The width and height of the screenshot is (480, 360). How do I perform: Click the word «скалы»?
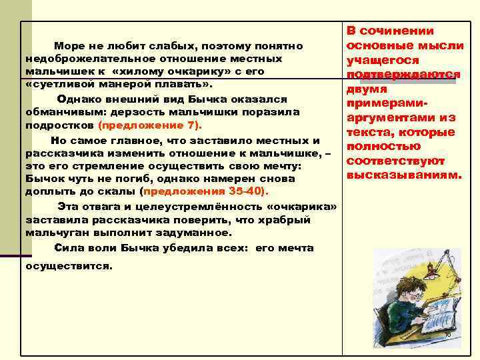[x=121, y=191]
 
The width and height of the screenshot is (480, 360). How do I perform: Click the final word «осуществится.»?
[x=69, y=265]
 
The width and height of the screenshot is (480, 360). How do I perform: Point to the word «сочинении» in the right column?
[x=403, y=31]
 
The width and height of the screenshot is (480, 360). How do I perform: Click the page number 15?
[x=447, y=333]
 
